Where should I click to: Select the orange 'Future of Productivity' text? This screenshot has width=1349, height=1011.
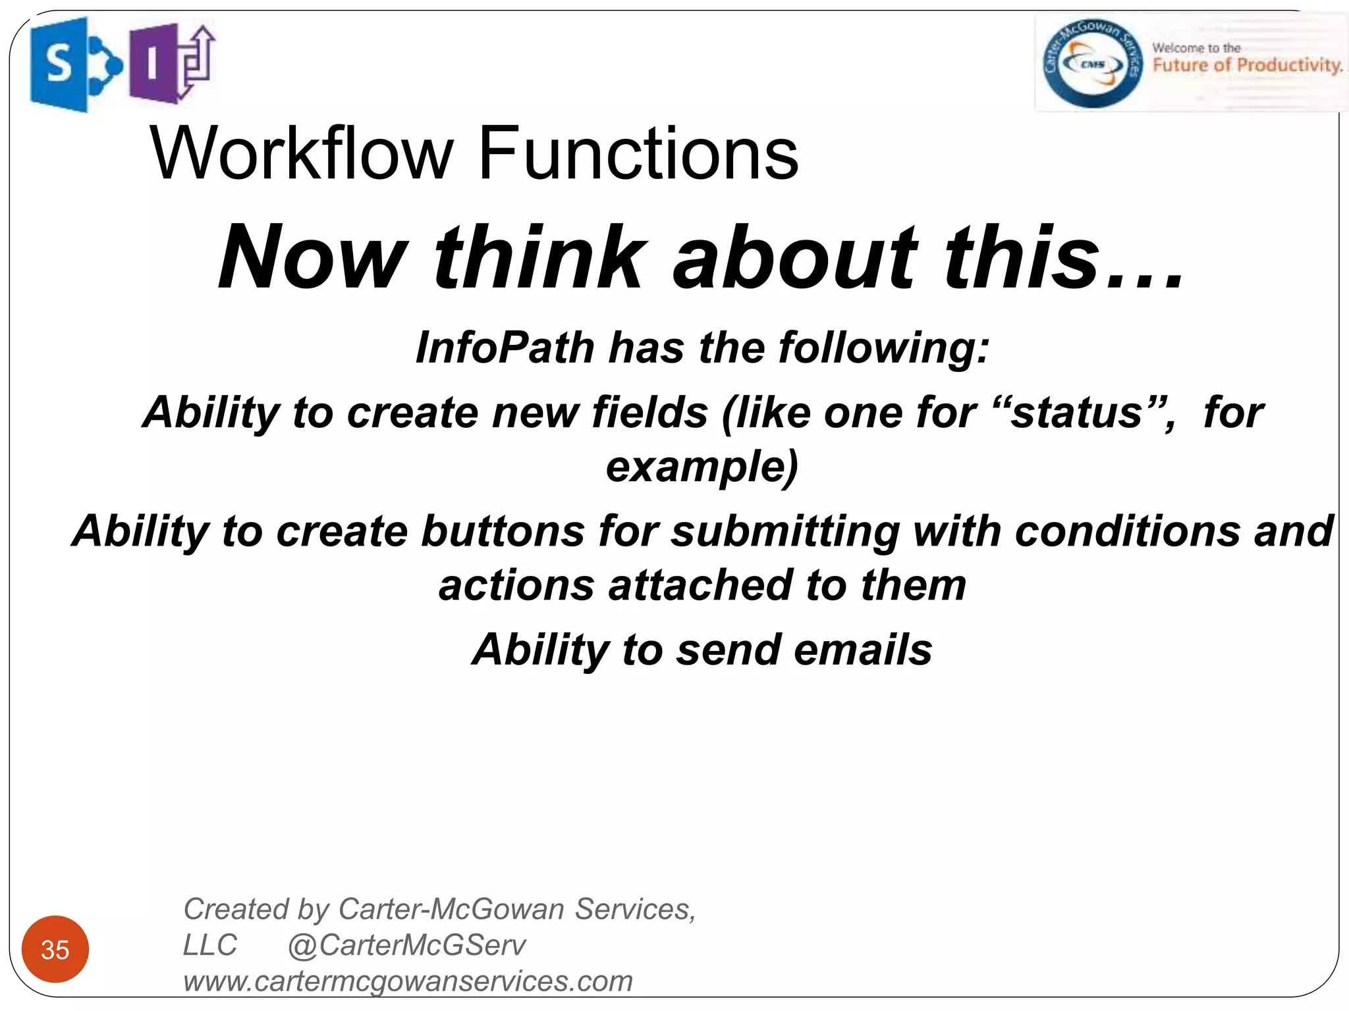[x=1247, y=65]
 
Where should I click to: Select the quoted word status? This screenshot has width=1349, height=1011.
[x=1078, y=413]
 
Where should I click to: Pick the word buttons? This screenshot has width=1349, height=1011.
[x=503, y=531]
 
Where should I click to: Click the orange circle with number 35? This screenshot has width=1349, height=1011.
[x=55, y=949]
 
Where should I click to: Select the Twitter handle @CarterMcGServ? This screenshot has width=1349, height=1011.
[x=406, y=946]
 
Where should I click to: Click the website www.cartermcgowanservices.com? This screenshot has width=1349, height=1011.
[x=408, y=981]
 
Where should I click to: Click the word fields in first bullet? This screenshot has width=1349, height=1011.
[x=649, y=413]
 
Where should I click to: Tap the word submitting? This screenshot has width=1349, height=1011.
[x=785, y=531]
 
